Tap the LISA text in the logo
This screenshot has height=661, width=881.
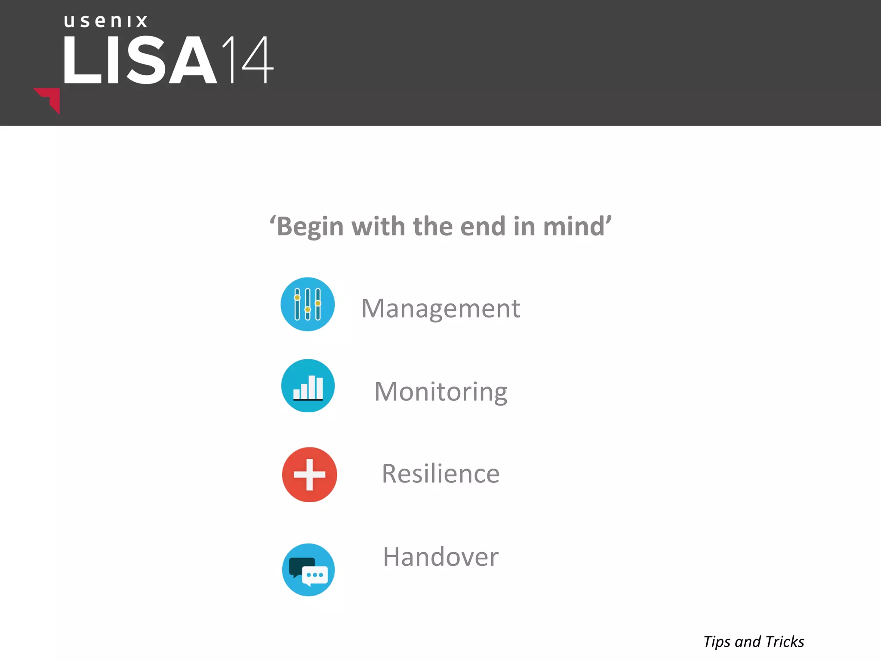pyautogui.click(x=140, y=60)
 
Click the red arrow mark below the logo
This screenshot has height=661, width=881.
pyautogui.click(x=49, y=99)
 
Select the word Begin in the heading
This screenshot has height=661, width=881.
pyautogui.click(x=310, y=226)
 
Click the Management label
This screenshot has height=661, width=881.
pyautogui.click(x=440, y=308)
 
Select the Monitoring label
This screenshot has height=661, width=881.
pyautogui.click(x=440, y=392)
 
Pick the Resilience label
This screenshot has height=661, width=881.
pyautogui.click(x=440, y=473)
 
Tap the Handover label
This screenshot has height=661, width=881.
pyautogui.click(x=440, y=557)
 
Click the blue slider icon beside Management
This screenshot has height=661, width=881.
pyautogui.click(x=308, y=304)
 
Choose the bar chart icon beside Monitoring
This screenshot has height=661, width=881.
pyautogui.click(x=308, y=386)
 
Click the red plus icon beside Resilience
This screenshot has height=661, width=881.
pyautogui.click(x=309, y=474)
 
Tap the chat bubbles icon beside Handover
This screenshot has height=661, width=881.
pyautogui.click(x=308, y=570)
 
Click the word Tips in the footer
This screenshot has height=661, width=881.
pyautogui.click(x=717, y=642)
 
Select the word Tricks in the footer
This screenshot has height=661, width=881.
pyautogui.click(x=785, y=642)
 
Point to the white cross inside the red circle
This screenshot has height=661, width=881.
pyautogui.click(x=309, y=474)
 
